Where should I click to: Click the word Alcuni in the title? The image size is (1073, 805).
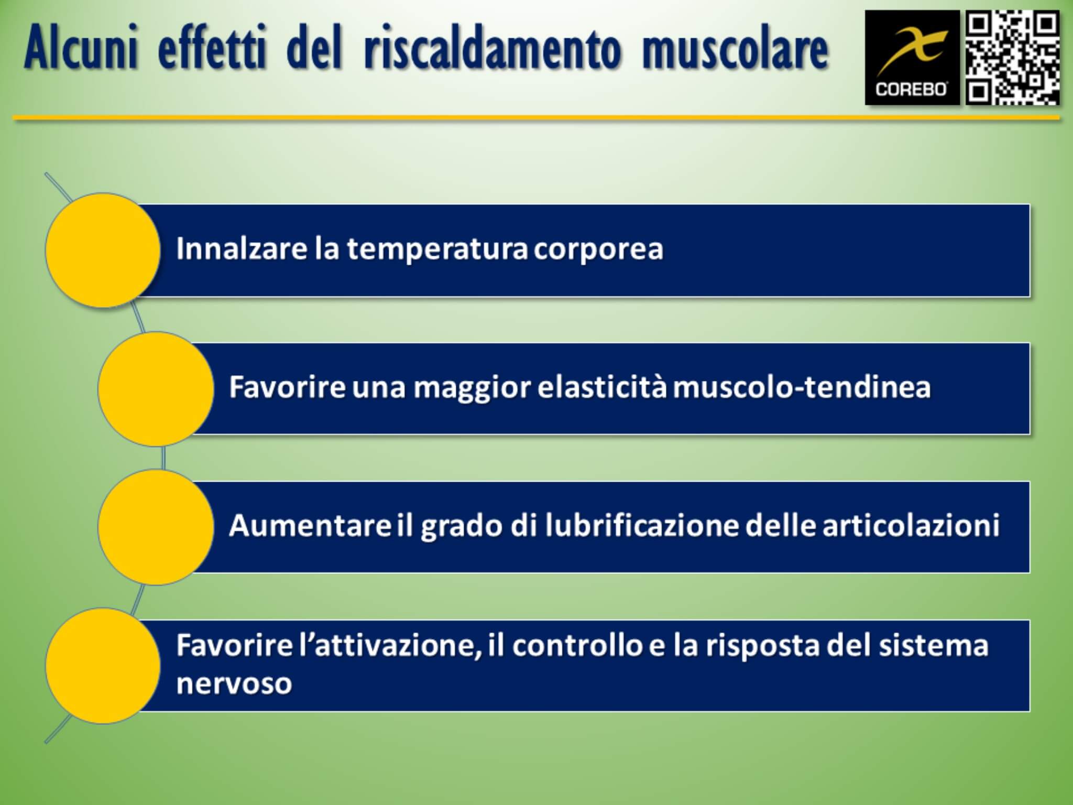pyautogui.click(x=81, y=49)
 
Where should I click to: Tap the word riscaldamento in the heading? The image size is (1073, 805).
pyautogui.click(x=492, y=49)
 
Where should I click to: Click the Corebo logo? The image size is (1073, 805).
pyautogui.click(x=912, y=58)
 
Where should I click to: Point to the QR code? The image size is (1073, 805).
pyautogui.click(x=1012, y=58)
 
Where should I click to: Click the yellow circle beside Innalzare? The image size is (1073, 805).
pyautogui.click(x=103, y=250)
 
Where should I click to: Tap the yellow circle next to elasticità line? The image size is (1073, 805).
pyautogui.click(x=156, y=389)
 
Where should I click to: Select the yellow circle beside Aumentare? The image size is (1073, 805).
pyautogui.click(x=156, y=527)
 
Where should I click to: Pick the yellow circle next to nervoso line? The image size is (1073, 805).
pyautogui.click(x=103, y=666)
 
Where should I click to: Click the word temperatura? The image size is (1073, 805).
pyautogui.click(x=437, y=249)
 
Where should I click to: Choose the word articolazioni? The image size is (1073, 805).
pyautogui.click(x=911, y=525)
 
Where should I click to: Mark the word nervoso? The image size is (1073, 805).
pyautogui.click(x=234, y=684)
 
